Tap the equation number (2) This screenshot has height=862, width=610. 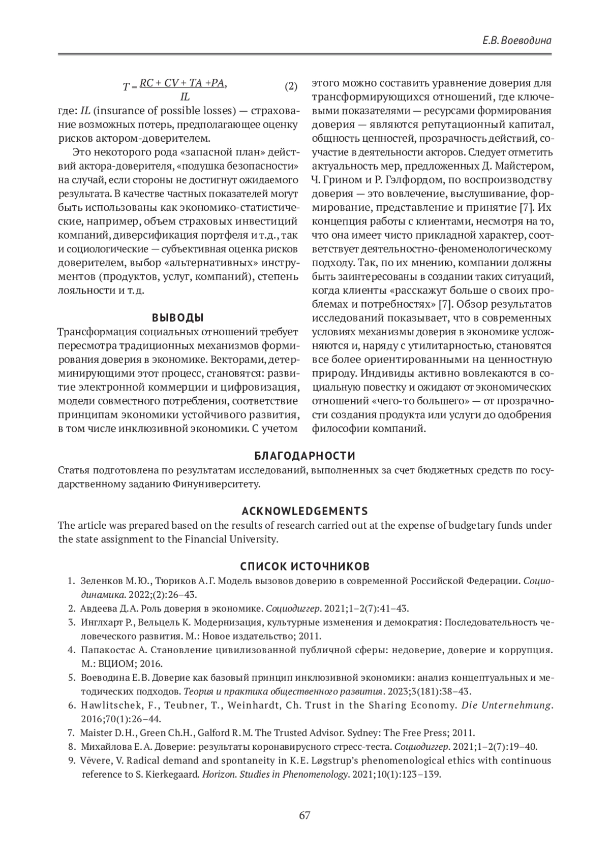point(290,86)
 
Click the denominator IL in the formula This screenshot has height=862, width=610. point(185,96)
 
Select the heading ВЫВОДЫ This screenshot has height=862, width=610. point(178,318)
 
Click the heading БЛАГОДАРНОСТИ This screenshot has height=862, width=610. point(304,455)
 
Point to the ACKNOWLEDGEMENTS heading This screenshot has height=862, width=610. point(304,510)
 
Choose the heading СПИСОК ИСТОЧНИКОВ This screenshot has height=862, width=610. point(304,566)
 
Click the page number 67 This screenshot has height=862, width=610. point(304,815)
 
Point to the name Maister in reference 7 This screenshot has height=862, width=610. point(95,733)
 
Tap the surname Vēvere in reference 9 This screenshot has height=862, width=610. point(95,760)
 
